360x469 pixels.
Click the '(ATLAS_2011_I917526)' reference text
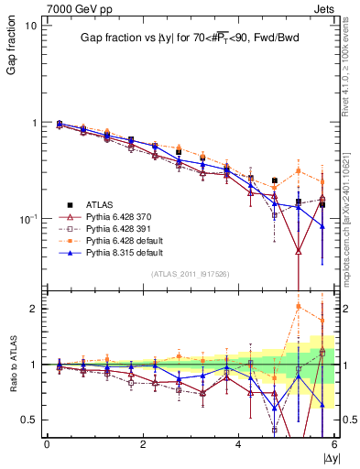tap(190, 274)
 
